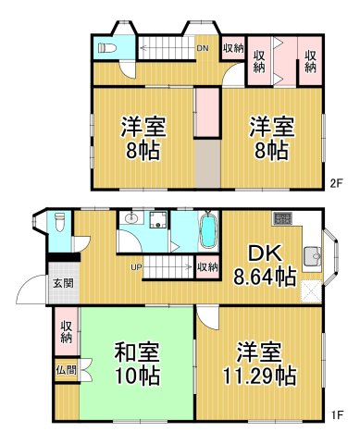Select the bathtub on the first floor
click(207, 229)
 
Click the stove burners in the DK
click(281, 219)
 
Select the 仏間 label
click(66, 370)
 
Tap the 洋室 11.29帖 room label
click(258, 364)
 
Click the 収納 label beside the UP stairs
click(207, 267)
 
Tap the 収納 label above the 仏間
click(68, 331)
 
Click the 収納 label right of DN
click(233, 48)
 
